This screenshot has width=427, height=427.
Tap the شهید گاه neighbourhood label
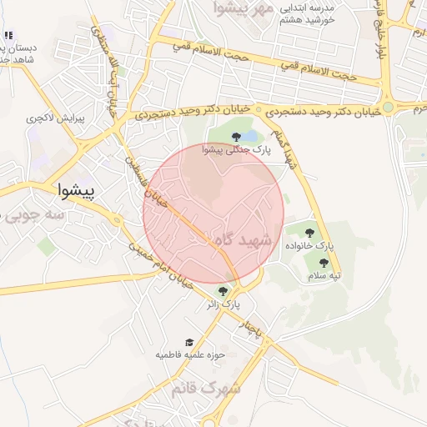tap(244, 239)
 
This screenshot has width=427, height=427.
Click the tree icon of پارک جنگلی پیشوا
tap(236, 136)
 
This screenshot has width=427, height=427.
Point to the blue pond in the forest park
tap(254, 137)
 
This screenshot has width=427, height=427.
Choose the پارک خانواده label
tap(309, 247)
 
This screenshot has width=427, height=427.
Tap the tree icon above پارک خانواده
tap(310, 233)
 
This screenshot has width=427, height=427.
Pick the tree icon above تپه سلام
tap(324, 263)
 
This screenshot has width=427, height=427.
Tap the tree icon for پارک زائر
tap(223, 290)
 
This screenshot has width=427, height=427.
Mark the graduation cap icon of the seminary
tap(189, 342)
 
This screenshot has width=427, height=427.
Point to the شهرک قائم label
tap(206, 389)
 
